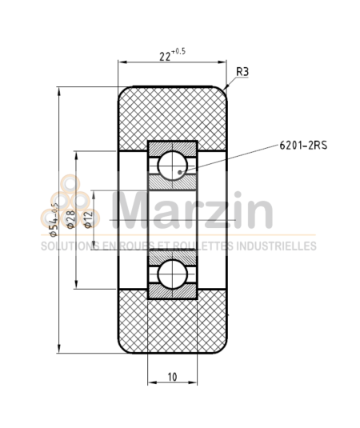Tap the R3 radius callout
pyautogui.click(x=242, y=71)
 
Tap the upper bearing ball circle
pyautogui.click(x=174, y=166)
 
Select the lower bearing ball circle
pyautogui.click(x=174, y=274)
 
